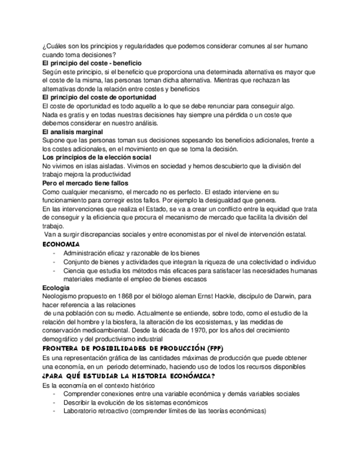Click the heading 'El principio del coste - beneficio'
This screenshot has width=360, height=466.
pyautogui.click(x=92, y=64)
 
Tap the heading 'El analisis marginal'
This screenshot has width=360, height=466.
pyautogui.click(x=72, y=132)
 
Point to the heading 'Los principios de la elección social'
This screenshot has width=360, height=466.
pyautogui.click(x=97, y=158)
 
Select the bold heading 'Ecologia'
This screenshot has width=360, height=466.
pyautogui.click(x=56, y=287)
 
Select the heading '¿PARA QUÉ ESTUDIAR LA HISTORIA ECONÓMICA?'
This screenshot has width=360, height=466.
pyautogui.click(x=128, y=376)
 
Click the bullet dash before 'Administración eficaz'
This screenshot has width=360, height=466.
pyautogui.click(x=54, y=253)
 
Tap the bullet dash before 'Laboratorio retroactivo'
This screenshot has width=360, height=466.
pyautogui.click(x=54, y=410)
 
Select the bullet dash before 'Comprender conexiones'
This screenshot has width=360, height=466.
pyautogui.click(x=54, y=393)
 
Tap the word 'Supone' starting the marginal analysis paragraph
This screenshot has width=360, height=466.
pyautogui.click(x=53, y=141)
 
